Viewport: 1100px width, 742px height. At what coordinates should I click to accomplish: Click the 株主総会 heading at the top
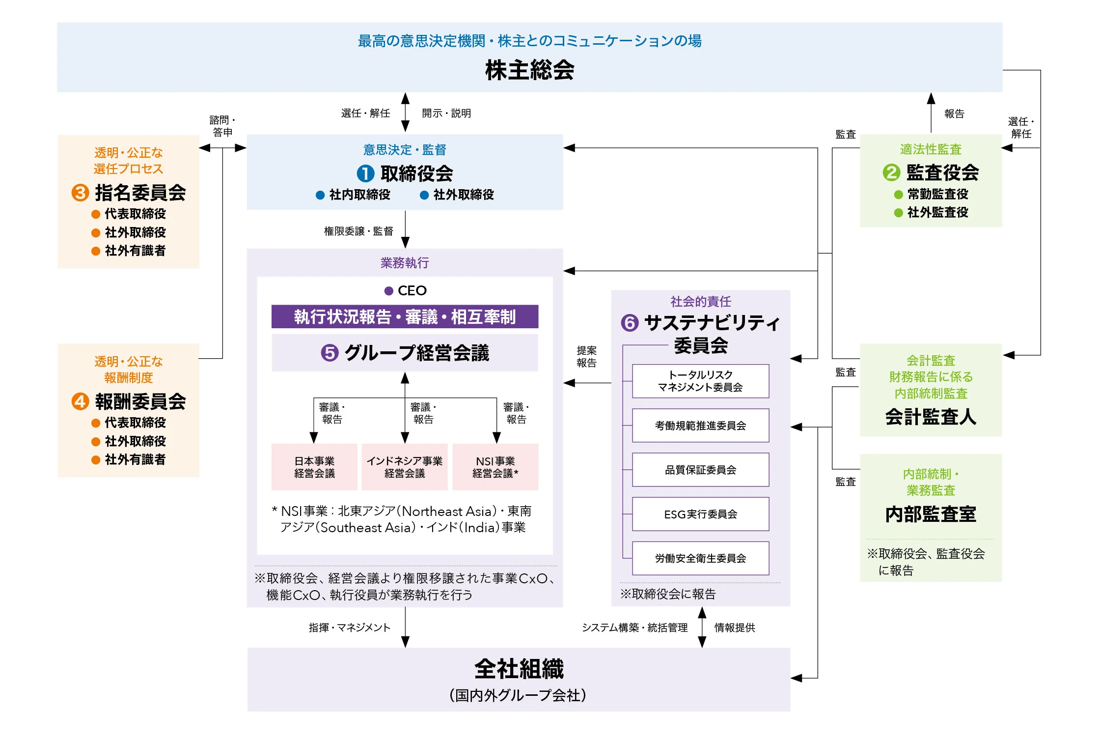click(529, 70)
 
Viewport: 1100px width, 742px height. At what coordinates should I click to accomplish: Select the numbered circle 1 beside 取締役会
click(365, 173)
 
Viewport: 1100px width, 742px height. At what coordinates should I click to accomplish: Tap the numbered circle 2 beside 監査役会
click(891, 172)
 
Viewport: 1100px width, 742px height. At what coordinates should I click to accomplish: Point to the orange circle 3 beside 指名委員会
click(80, 193)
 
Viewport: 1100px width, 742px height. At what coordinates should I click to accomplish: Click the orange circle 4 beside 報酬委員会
click(80, 401)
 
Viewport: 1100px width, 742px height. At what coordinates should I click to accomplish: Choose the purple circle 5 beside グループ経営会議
click(330, 353)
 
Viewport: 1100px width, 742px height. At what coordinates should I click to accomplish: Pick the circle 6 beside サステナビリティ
click(630, 323)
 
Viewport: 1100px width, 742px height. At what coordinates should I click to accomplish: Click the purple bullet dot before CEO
click(388, 291)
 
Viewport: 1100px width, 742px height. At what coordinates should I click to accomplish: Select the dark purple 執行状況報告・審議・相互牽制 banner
click(405, 317)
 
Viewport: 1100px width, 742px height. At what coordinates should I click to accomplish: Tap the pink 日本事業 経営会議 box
click(314, 467)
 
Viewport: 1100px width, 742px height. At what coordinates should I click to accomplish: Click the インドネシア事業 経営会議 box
click(405, 467)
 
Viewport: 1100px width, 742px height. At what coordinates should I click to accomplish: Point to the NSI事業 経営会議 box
click(495, 467)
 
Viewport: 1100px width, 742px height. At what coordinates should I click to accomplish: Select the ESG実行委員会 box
click(700, 514)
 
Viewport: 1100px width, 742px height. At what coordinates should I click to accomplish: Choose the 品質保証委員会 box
click(700, 470)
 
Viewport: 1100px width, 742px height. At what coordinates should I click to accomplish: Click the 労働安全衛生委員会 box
click(700, 558)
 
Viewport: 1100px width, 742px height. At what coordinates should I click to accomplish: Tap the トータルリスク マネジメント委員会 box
click(700, 381)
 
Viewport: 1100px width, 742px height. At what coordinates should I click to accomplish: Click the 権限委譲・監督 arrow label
click(358, 231)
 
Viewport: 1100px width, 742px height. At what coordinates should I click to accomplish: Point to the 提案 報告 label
click(586, 357)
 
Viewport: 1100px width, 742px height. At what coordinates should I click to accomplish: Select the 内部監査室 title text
click(931, 514)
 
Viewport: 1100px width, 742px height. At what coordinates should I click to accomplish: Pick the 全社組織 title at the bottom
click(519, 669)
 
